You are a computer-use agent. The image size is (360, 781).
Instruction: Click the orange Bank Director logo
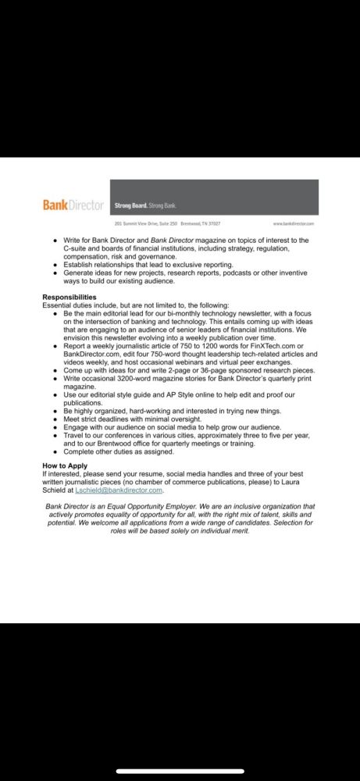click(73, 205)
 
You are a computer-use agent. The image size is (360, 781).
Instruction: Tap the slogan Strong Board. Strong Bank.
click(138, 205)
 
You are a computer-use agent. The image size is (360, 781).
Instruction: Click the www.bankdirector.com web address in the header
click(294, 223)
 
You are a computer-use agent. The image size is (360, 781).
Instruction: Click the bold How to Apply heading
click(65, 465)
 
